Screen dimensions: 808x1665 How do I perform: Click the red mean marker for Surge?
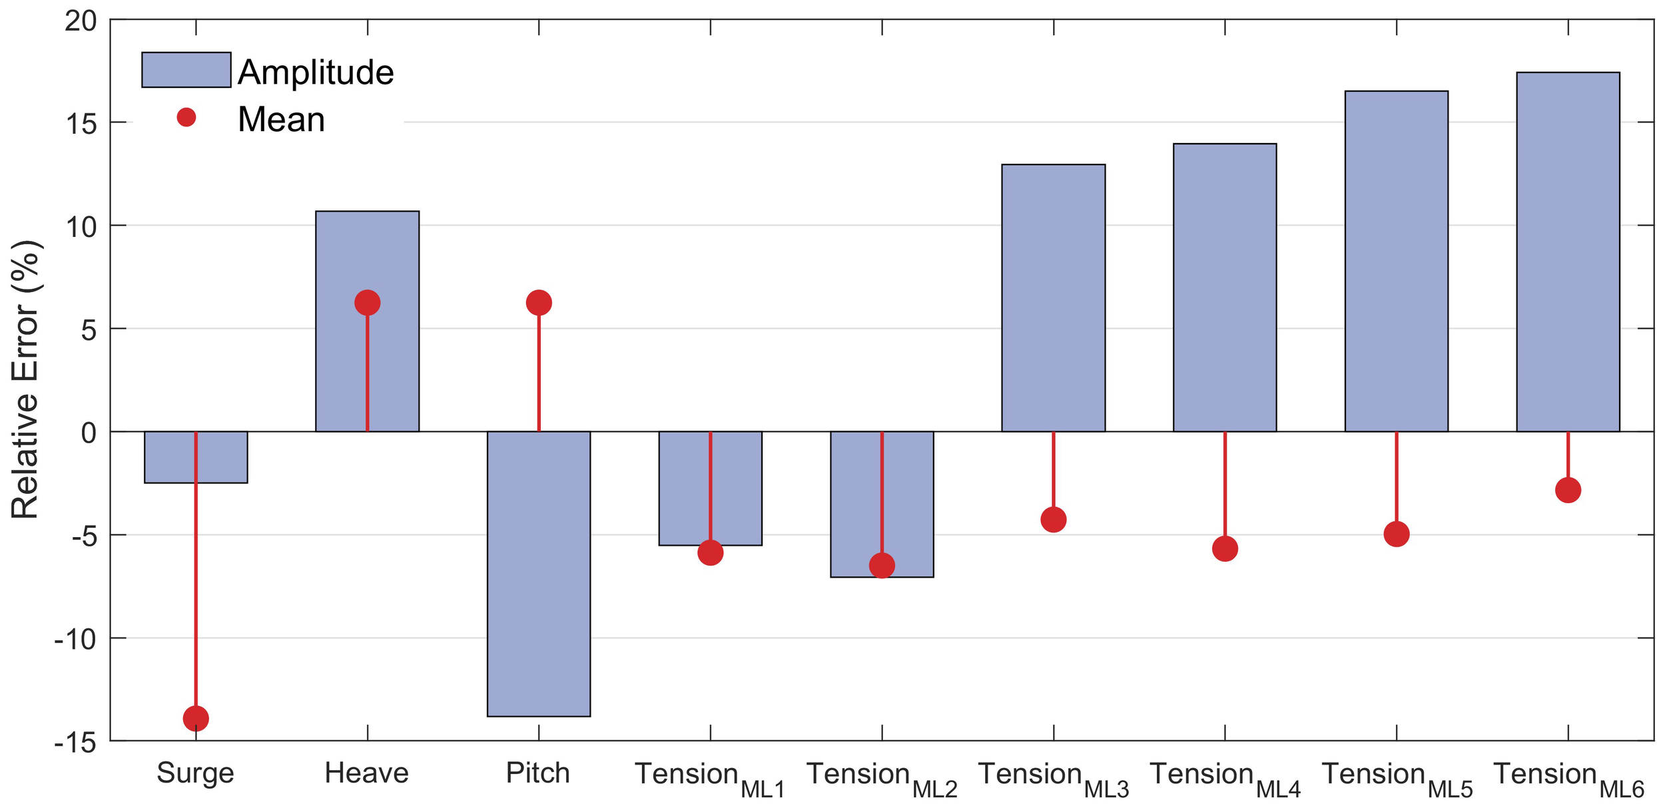click(x=196, y=719)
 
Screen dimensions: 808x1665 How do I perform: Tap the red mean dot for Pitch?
click(x=539, y=303)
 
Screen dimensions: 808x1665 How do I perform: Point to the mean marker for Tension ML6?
click(x=1568, y=491)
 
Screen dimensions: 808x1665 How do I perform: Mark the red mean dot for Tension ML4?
click(x=1225, y=549)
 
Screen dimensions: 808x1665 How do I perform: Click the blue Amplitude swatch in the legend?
click(x=186, y=70)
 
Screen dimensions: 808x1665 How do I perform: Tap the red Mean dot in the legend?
click(x=186, y=118)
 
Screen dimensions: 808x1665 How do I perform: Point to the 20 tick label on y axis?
click(x=81, y=21)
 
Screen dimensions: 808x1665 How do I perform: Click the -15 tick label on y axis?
click(x=75, y=743)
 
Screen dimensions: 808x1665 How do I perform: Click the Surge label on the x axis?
click(x=195, y=773)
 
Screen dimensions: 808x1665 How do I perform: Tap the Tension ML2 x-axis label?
click(x=881, y=777)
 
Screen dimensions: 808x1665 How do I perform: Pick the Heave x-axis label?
click(x=366, y=773)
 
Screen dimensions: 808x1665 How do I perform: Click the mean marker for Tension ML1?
click(x=711, y=552)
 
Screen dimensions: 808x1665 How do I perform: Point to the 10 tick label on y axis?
click(x=81, y=227)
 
